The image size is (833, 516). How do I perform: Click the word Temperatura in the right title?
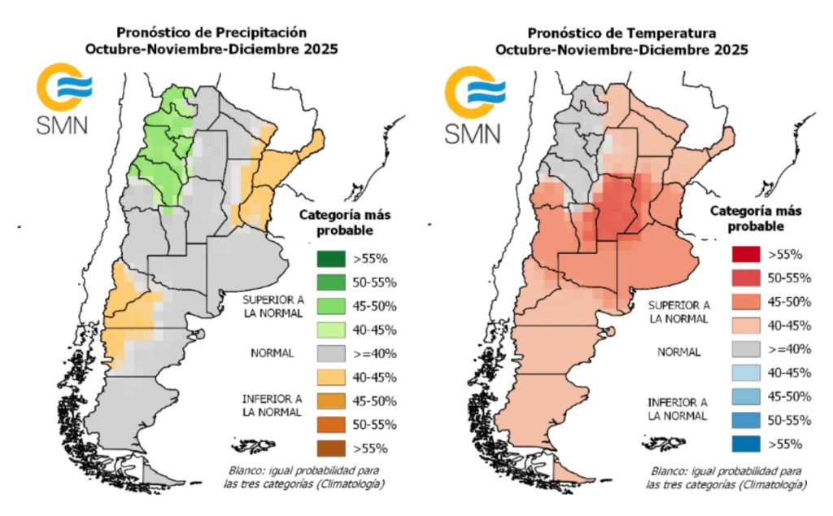click(678, 33)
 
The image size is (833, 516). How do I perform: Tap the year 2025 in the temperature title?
click(731, 50)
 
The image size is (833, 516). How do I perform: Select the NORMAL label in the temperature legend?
click(679, 352)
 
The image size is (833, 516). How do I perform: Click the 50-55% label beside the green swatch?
click(374, 282)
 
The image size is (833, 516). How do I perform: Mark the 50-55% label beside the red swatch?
click(783, 278)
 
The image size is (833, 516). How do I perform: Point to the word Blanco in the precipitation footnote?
click(250, 471)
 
